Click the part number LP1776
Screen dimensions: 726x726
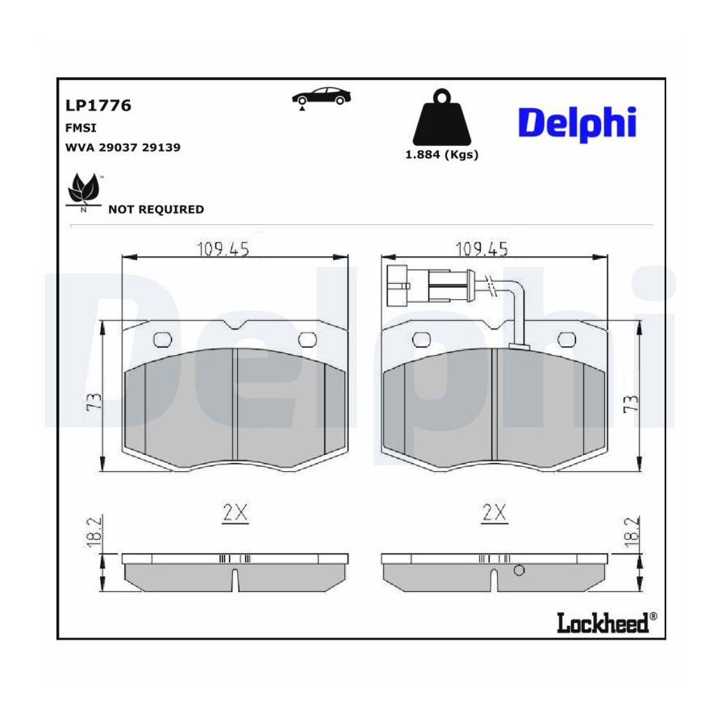click(98, 106)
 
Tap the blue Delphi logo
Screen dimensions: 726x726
click(578, 123)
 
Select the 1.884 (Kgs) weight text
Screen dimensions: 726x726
click(442, 155)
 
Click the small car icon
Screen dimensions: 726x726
click(321, 98)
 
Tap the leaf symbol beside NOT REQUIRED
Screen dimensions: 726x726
click(83, 192)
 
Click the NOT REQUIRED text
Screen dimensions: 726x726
click(156, 209)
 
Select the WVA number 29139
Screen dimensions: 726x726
click(161, 148)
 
